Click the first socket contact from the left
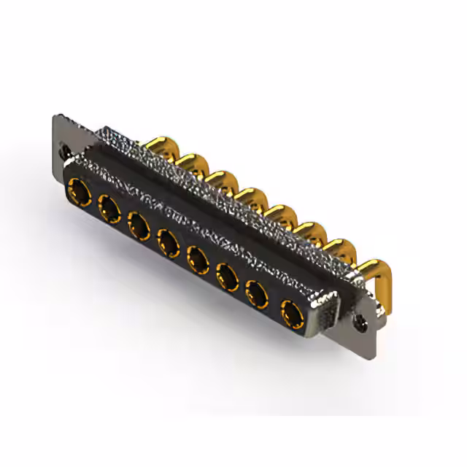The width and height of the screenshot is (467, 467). point(78,194)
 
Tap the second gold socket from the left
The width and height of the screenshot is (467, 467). point(110,210)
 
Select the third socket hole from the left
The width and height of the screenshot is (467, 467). point(140,225)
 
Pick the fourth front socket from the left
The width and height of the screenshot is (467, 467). point(169,240)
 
